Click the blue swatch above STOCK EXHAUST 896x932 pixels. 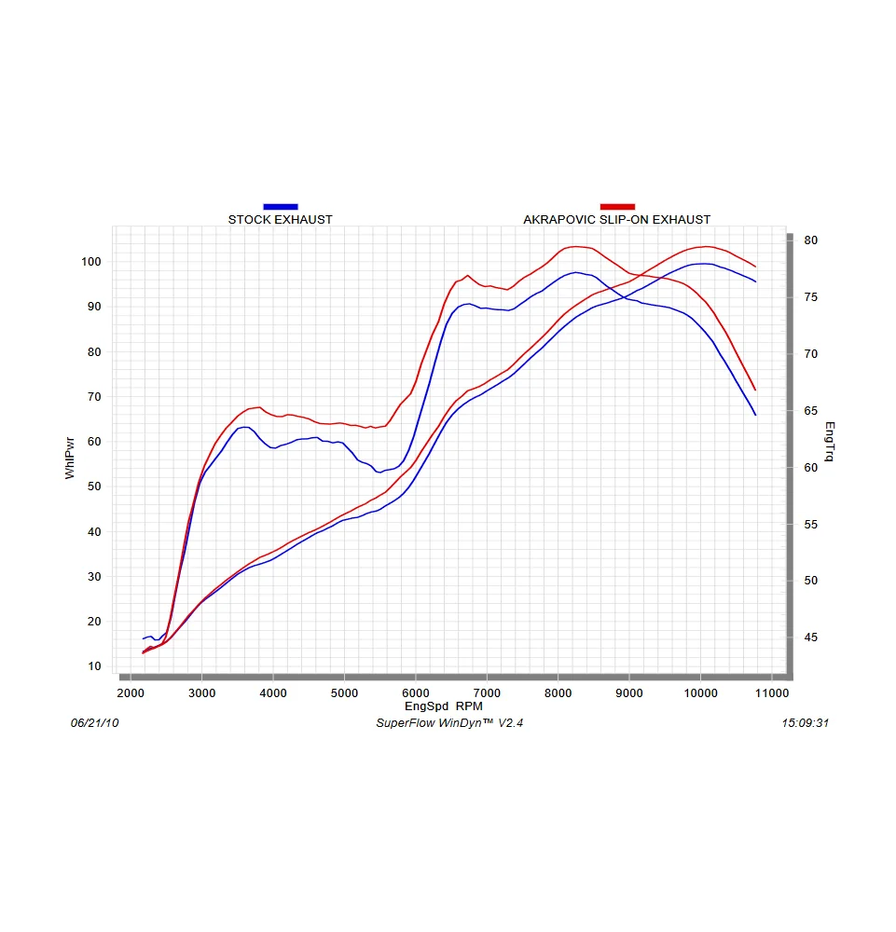(x=281, y=206)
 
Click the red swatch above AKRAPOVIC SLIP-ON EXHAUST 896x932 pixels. (x=617, y=206)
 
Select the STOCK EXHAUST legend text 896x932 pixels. (x=280, y=220)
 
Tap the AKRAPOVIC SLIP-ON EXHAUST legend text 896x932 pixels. (x=616, y=220)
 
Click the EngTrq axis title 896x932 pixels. (x=829, y=443)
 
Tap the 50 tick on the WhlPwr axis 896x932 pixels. (x=93, y=487)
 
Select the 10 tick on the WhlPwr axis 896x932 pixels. (x=93, y=666)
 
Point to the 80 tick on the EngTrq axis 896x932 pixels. (x=810, y=240)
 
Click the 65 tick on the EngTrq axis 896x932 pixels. (x=810, y=411)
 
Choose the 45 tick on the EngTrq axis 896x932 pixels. (x=810, y=637)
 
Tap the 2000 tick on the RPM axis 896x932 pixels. (x=131, y=693)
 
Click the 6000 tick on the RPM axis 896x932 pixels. (x=416, y=693)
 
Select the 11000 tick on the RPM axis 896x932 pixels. (x=771, y=693)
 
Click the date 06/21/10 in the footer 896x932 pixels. (x=95, y=723)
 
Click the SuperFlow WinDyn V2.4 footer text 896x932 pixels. (x=449, y=723)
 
